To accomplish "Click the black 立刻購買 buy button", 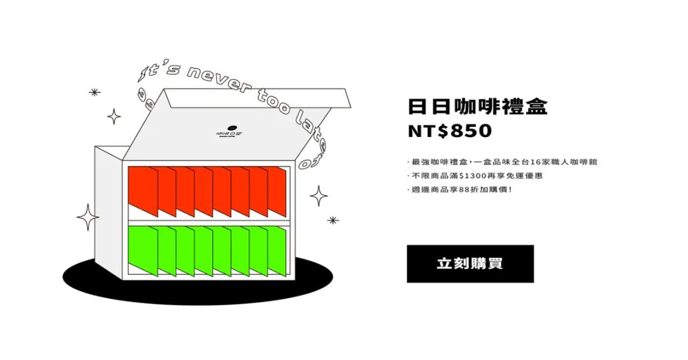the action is tap(470, 263).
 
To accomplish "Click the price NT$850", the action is tap(450, 131).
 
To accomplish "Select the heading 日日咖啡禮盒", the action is tap(477, 106).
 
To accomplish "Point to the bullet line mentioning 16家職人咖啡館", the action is tap(503, 162).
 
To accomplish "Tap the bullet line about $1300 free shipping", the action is tap(475, 175).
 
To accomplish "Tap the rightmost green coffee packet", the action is tap(278, 252).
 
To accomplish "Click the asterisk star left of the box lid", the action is tap(95, 92).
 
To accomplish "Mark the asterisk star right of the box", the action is tap(333, 220).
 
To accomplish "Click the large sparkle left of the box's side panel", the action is tap(88, 217).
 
